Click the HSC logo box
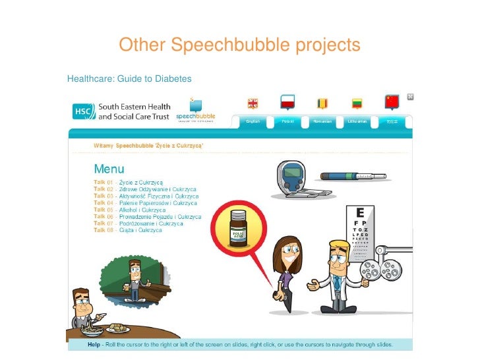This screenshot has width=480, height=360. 84,111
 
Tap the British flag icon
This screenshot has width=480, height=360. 253,103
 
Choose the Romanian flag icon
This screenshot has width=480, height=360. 322,103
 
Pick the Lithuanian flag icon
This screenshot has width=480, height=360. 357,103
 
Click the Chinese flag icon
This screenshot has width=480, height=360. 392,102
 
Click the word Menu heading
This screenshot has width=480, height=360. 110,168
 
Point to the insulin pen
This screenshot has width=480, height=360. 354,176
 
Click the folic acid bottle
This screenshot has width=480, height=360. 237,227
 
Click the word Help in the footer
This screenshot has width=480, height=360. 95,344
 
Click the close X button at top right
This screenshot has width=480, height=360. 410,96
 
